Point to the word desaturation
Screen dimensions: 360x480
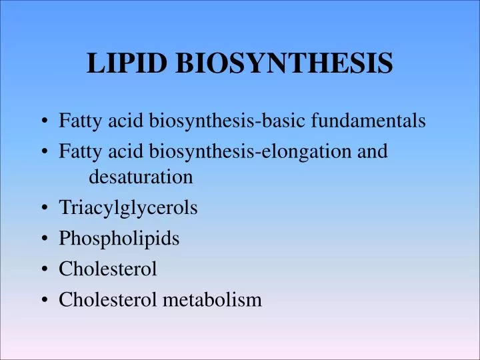tap(141, 177)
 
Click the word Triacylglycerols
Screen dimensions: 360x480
tap(128, 208)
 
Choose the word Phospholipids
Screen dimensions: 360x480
tap(119, 239)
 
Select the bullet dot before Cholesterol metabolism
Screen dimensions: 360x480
tap(43, 301)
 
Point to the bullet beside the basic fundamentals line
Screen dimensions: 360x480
tap(43, 121)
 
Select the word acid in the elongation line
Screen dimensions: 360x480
tap(113, 151)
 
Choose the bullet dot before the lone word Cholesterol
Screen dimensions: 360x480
tap(43, 270)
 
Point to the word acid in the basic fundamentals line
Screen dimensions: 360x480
tap(113, 121)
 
